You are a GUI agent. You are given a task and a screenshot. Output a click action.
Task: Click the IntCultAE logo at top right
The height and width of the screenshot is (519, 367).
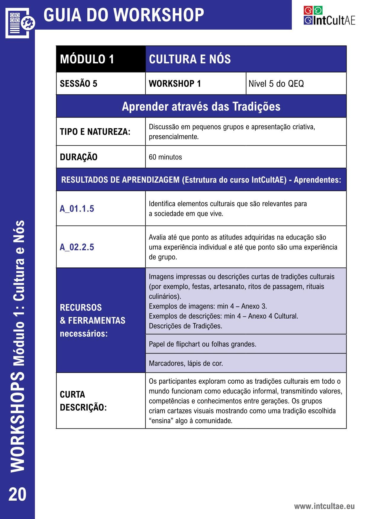(x=329, y=16)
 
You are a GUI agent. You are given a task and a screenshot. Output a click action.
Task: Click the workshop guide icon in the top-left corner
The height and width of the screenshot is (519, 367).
(x=20, y=22)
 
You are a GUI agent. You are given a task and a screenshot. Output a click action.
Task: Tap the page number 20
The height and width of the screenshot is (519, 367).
(x=17, y=494)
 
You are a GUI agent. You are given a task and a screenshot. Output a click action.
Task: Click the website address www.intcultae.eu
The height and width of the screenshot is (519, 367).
(x=324, y=506)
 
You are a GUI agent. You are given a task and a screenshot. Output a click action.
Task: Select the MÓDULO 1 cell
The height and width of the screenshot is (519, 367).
(x=87, y=59)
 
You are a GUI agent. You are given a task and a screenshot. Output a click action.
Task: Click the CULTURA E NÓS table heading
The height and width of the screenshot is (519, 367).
(x=190, y=59)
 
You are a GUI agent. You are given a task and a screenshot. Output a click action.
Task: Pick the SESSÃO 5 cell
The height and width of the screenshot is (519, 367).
(x=78, y=84)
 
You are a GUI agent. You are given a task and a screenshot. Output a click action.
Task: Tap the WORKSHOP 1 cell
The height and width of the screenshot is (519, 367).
(x=175, y=84)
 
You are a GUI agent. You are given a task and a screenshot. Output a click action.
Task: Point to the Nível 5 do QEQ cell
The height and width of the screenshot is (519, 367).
(x=276, y=84)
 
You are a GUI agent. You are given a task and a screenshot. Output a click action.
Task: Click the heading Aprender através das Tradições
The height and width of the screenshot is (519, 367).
(x=201, y=107)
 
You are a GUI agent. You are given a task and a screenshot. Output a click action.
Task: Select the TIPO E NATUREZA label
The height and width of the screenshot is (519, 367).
(x=95, y=132)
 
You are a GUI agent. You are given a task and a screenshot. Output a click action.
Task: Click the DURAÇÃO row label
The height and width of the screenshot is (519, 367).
(x=78, y=157)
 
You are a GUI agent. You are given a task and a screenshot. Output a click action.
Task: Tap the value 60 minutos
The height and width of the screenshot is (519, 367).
(x=165, y=157)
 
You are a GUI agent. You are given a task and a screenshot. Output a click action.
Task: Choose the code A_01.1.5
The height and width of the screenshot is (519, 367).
(x=77, y=209)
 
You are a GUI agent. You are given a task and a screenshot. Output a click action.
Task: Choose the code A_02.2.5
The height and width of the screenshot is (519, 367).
(x=77, y=247)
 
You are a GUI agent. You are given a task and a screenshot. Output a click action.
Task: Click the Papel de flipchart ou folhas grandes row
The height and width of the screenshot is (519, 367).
(x=202, y=344)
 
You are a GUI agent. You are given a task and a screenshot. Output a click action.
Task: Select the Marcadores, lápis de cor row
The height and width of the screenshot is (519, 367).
(x=186, y=363)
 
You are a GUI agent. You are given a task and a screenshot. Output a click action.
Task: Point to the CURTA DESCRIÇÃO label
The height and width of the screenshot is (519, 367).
(x=83, y=401)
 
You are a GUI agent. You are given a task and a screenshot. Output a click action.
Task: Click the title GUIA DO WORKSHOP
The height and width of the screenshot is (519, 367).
(x=124, y=15)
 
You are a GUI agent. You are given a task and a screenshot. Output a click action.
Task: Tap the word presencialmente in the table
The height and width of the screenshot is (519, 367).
(x=174, y=137)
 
